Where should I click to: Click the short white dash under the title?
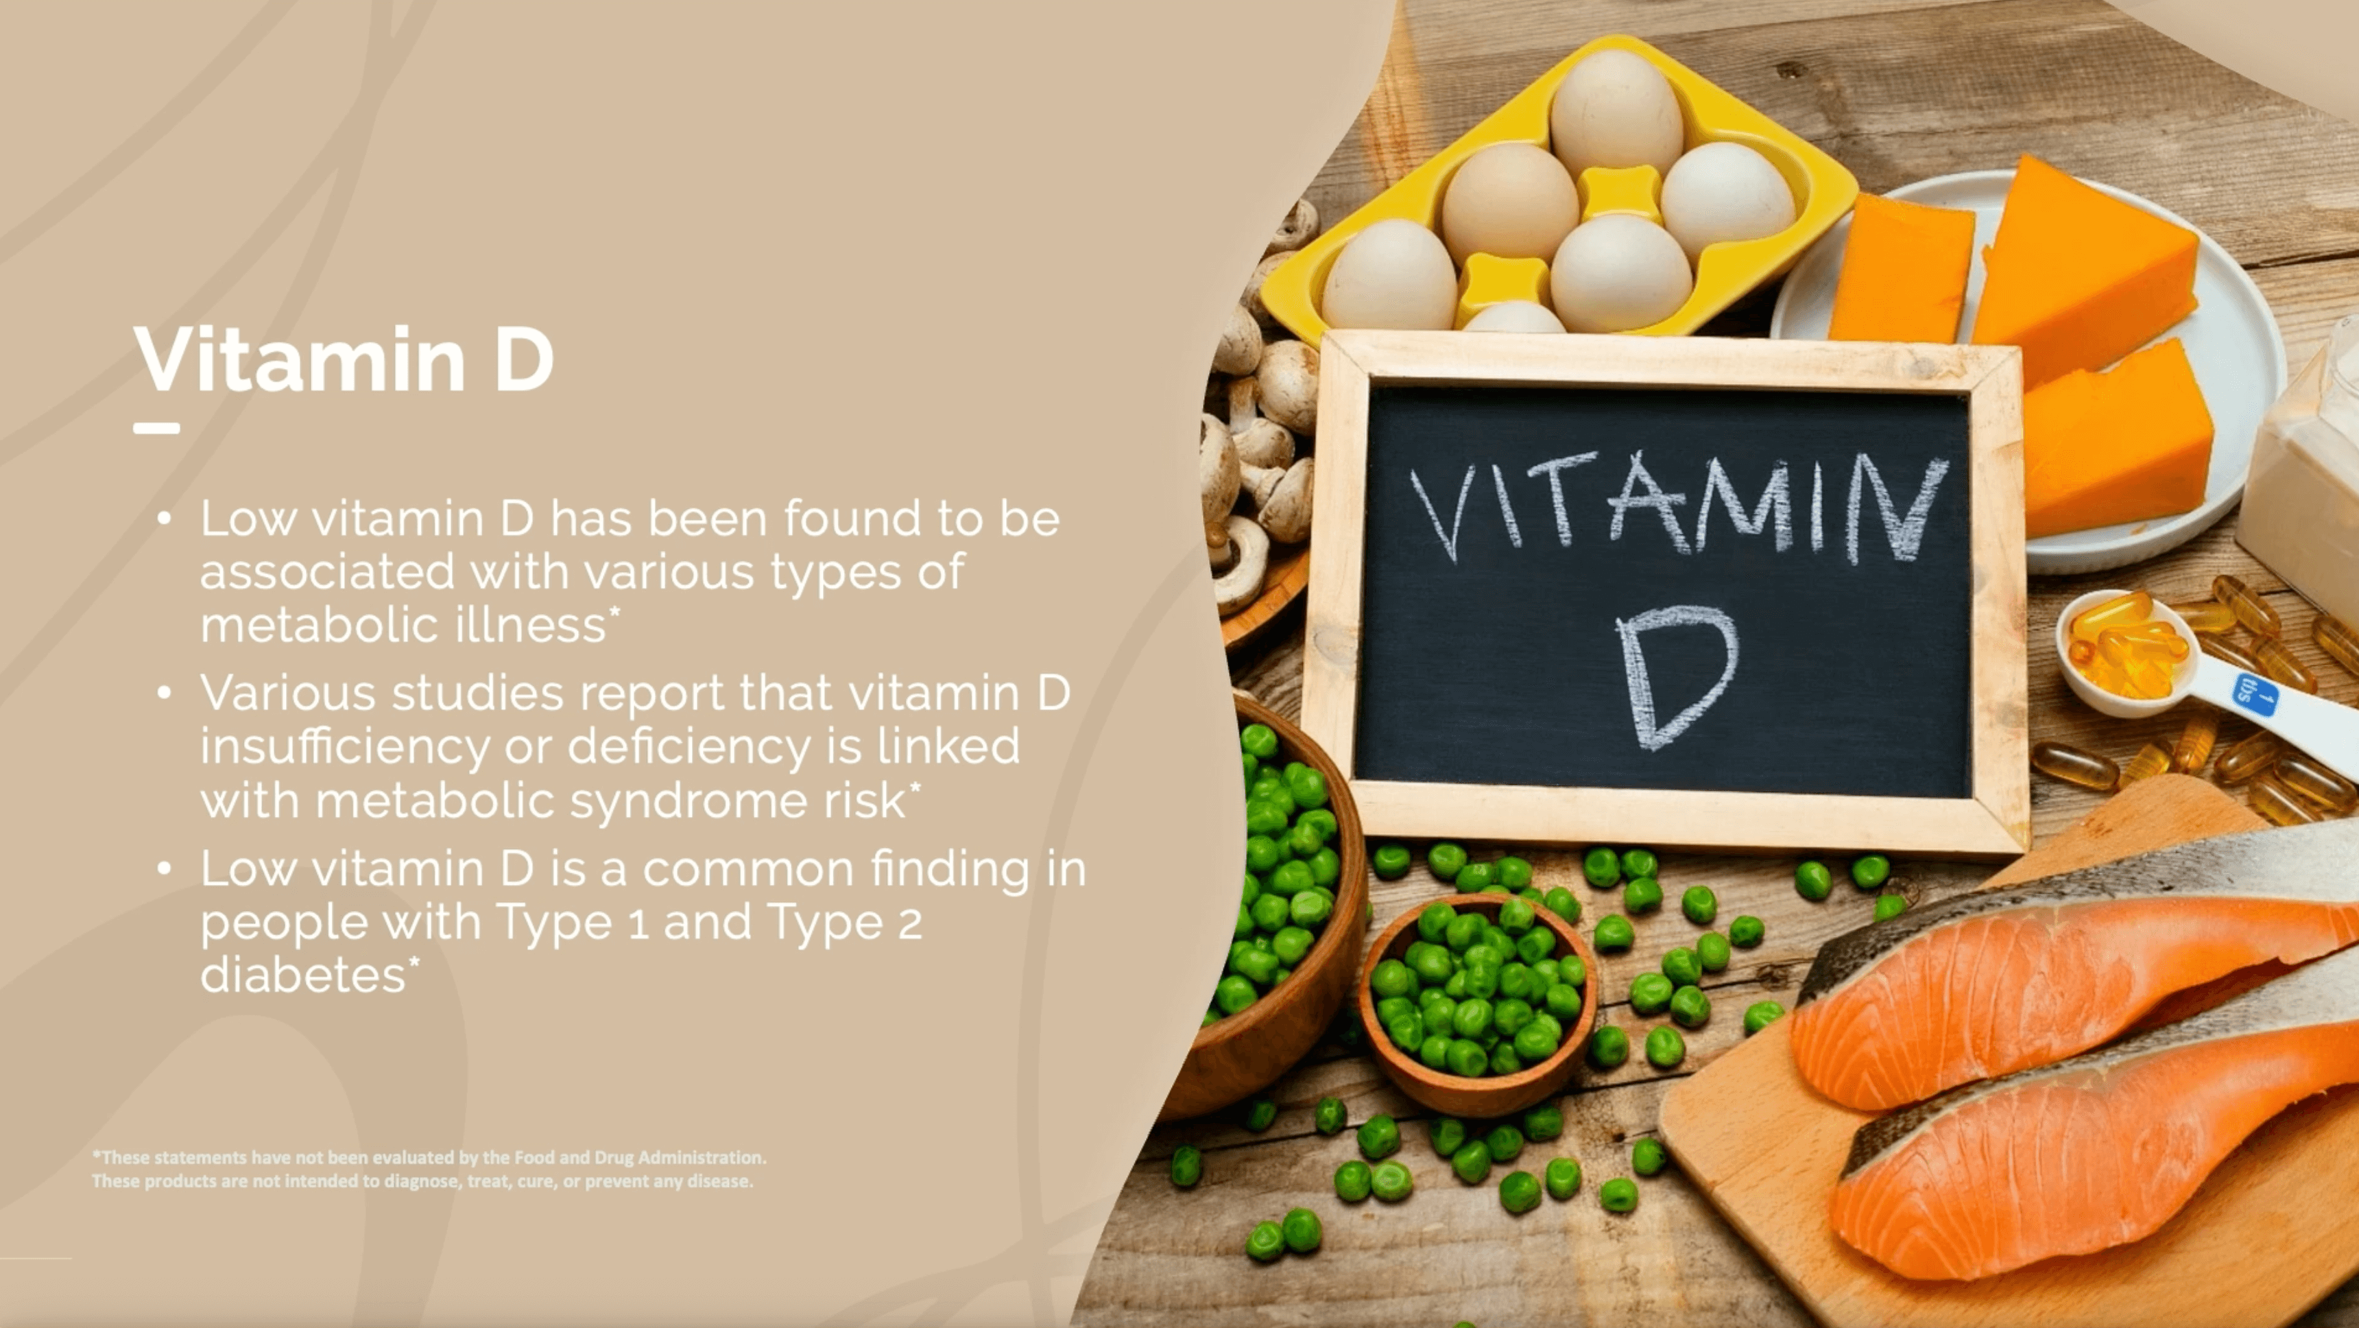click(156, 428)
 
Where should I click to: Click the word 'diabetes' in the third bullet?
click(303, 975)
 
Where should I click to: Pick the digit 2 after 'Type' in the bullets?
click(909, 923)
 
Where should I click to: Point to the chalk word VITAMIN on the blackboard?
click(1679, 506)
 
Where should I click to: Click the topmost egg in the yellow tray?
click(1616, 115)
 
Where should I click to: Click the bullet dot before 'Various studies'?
click(164, 694)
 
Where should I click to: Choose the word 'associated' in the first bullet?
click(327, 571)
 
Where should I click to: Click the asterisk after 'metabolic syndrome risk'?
click(914, 787)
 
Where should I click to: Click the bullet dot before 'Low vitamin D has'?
click(164, 519)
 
